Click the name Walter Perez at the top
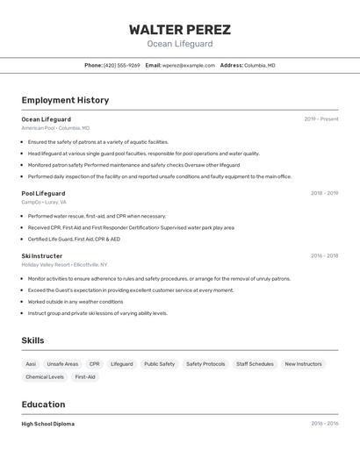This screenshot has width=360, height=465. [x=179, y=29]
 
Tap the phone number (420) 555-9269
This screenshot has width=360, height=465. [x=122, y=65]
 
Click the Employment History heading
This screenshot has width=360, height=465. [x=65, y=100]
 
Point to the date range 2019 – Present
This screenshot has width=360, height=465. [x=320, y=119]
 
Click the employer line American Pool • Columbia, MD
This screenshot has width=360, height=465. [x=54, y=128]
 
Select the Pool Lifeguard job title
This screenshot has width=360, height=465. [x=43, y=193]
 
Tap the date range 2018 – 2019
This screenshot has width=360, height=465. [x=324, y=193]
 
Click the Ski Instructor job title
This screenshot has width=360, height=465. [x=42, y=256]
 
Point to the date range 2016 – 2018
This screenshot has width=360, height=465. [x=324, y=256]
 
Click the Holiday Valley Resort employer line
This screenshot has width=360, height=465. [x=64, y=264]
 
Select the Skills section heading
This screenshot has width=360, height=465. [x=32, y=340]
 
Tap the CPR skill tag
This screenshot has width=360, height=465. [x=94, y=364]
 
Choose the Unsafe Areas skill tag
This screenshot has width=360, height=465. [x=62, y=364]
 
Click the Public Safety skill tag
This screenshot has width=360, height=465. [x=159, y=364]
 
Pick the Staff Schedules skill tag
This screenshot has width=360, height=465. [x=255, y=364]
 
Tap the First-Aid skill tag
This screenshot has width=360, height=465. [x=85, y=377]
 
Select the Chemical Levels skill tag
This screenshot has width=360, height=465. [x=45, y=377]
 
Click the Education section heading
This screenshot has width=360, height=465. [x=43, y=404]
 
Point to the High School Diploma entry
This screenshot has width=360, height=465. [x=48, y=424]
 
